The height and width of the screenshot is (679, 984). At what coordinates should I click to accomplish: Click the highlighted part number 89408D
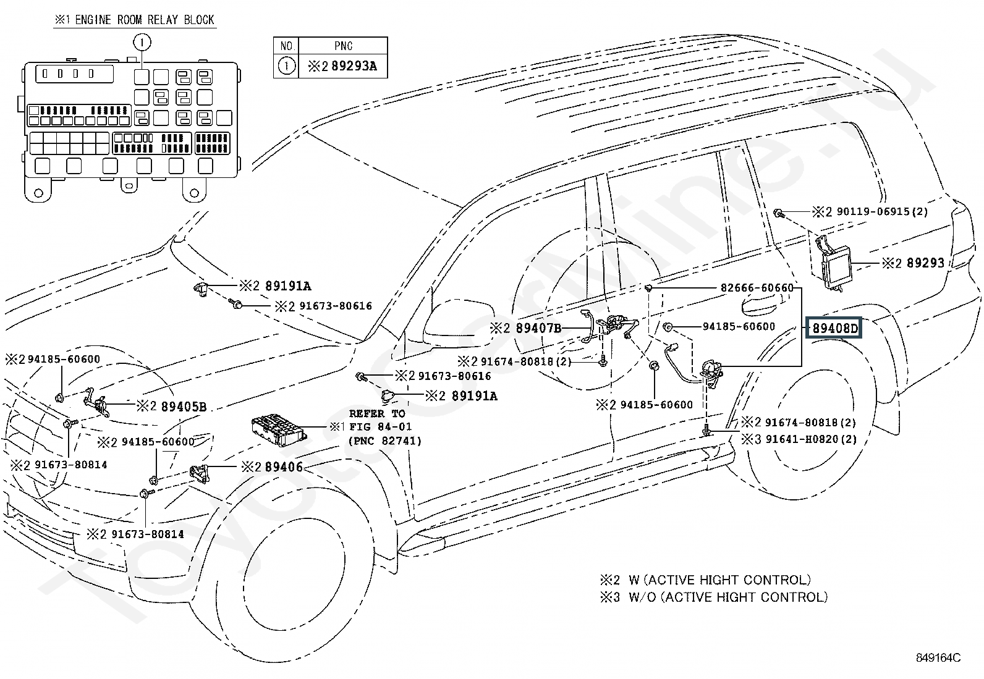[x=835, y=329]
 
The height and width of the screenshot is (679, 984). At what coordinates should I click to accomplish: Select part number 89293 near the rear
[x=925, y=263]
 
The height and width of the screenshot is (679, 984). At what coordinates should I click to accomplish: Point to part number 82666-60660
[x=757, y=288]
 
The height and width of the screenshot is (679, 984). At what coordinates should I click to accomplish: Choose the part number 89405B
[x=184, y=407]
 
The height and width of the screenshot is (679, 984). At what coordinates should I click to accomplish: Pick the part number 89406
[x=284, y=467]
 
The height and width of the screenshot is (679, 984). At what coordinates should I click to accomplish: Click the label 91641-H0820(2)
[x=810, y=439]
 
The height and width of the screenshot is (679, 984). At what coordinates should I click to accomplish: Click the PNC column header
[x=343, y=46]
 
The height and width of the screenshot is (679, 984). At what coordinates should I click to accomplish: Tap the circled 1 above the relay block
[x=142, y=43]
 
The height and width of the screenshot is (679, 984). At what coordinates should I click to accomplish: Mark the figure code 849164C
[x=938, y=658]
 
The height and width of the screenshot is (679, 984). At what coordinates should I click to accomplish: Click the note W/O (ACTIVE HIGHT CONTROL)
[x=728, y=597]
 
